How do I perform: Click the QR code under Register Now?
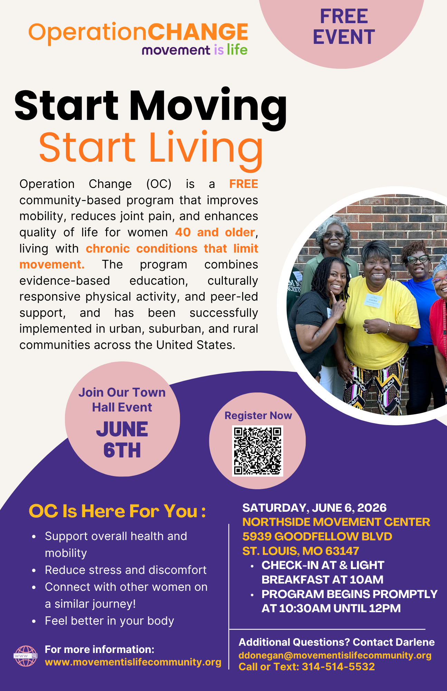257,451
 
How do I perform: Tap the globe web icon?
26,656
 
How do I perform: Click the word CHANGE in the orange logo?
198,32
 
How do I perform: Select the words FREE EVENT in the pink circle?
344,27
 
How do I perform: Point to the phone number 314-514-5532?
338,666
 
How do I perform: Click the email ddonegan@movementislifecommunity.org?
335,655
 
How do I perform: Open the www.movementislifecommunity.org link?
133,662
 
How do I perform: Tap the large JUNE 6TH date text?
122,439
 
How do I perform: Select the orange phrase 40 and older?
215,232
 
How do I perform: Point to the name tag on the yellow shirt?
373,301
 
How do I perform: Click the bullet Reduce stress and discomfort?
126,570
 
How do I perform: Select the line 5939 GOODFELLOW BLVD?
317,536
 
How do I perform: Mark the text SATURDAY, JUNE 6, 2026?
314,508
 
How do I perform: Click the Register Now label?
258,415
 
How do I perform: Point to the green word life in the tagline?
237,50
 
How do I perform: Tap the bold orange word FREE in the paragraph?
244,184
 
